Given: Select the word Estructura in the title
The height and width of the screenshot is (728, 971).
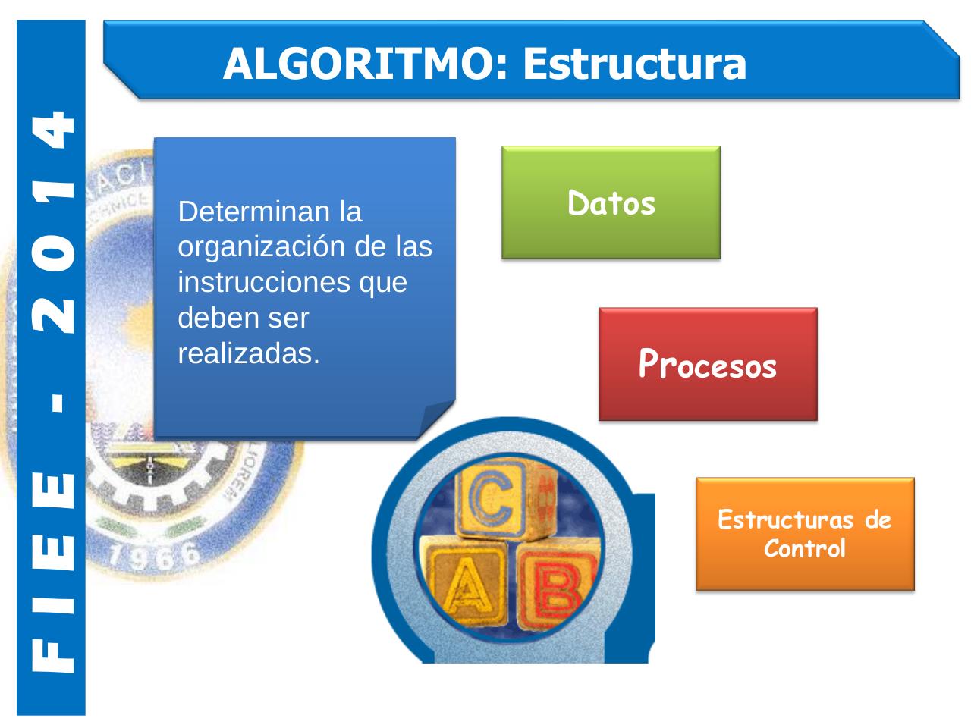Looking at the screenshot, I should point(634,64).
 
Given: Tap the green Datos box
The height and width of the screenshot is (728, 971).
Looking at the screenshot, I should point(611,202).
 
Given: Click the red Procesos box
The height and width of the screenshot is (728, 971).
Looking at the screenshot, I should point(708,364).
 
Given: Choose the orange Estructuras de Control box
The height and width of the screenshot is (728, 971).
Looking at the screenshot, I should point(805,533).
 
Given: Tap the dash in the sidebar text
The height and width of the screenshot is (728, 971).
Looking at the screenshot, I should point(55,403).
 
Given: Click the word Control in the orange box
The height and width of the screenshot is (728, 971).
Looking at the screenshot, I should point(804,548).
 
